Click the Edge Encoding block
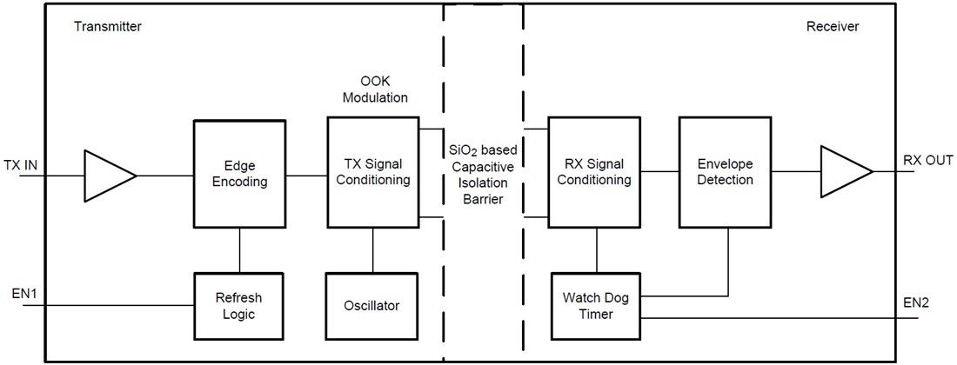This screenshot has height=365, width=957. (x=239, y=175)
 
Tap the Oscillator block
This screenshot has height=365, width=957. (x=372, y=306)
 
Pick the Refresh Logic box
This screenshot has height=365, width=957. (x=238, y=306)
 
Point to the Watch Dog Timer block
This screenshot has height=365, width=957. (x=596, y=306)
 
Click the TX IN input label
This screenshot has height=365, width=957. (x=22, y=165)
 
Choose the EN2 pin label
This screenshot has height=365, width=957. (x=916, y=303)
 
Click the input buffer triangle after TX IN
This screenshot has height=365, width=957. (x=106, y=176)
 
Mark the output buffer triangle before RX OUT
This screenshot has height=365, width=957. (x=842, y=172)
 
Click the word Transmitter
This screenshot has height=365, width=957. (x=108, y=27)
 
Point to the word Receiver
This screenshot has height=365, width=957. (x=832, y=27)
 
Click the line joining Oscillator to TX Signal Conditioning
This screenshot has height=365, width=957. (x=373, y=250)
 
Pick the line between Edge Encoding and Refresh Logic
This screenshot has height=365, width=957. (x=239, y=251)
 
